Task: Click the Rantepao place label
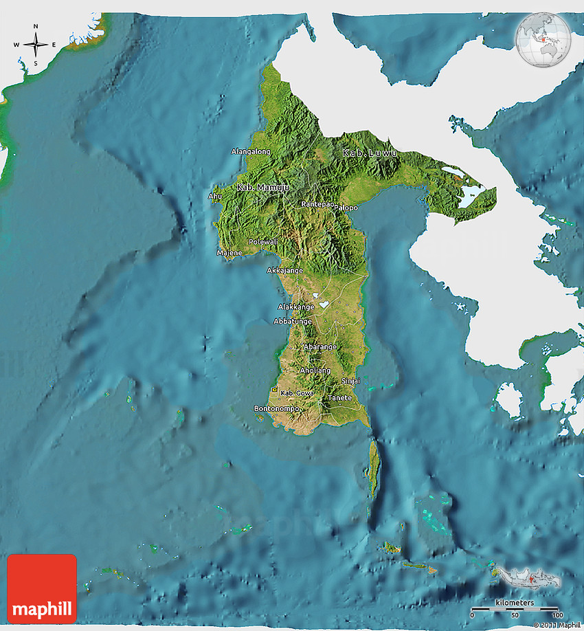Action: (x=317, y=204)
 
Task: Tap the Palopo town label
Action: (x=346, y=208)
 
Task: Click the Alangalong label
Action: (x=251, y=151)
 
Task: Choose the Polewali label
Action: (x=263, y=242)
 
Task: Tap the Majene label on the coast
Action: (x=229, y=253)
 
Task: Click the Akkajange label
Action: (x=285, y=270)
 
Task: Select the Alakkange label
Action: (x=296, y=307)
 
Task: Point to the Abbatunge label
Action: (x=293, y=321)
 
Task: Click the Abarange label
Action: (x=320, y=346)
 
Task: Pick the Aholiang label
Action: (x=315, y=370)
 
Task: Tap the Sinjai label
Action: (x=350, y=381)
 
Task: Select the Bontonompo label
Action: (x=277, y=408)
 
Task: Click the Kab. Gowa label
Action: (x=298, y=392)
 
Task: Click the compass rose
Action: (x=36, y=45)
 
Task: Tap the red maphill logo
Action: (x=42, y=588)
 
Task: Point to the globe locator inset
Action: (x=543, y=40)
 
